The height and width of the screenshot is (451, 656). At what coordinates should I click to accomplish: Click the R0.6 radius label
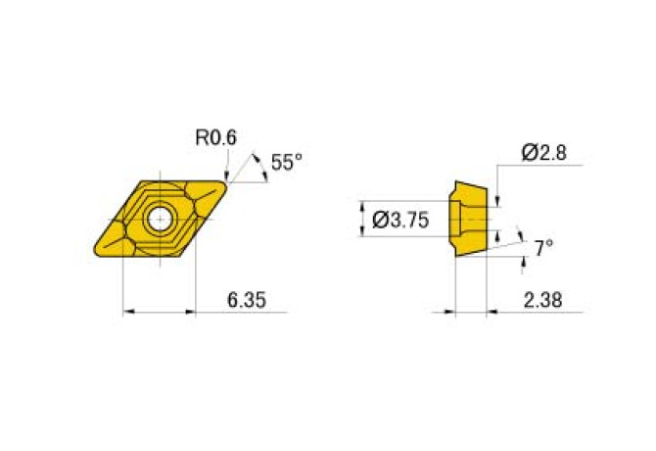pos(215,137)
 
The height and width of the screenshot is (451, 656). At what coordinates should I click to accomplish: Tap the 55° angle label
pos(287,162)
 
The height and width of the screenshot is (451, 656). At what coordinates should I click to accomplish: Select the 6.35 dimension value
pos(247,300)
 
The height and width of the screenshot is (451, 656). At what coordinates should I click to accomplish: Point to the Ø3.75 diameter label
pos(400,220)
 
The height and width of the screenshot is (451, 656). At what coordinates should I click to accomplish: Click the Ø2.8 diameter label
pos(543,152)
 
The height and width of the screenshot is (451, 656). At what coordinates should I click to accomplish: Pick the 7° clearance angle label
pos(543,248)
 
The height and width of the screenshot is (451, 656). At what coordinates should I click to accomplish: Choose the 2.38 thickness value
pos(543,300)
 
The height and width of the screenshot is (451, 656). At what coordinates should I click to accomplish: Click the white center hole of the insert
pos(161,219)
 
